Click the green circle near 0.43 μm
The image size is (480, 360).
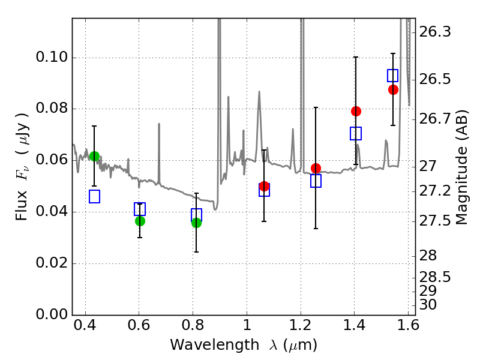[94, 156]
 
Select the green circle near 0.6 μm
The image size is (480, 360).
[140, 221]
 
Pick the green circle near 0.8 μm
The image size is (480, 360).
[196, 223]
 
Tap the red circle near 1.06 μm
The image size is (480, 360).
[264, 186]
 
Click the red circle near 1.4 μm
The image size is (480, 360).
[356, 111]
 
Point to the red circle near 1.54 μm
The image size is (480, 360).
[393, 89]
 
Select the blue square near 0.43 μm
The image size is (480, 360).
[94, 196]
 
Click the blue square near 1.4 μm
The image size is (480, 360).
[356, 133]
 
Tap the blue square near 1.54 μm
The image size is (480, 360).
[393, 76]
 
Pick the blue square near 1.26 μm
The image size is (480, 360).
[316, 181]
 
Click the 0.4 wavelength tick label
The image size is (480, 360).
[85, 328]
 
